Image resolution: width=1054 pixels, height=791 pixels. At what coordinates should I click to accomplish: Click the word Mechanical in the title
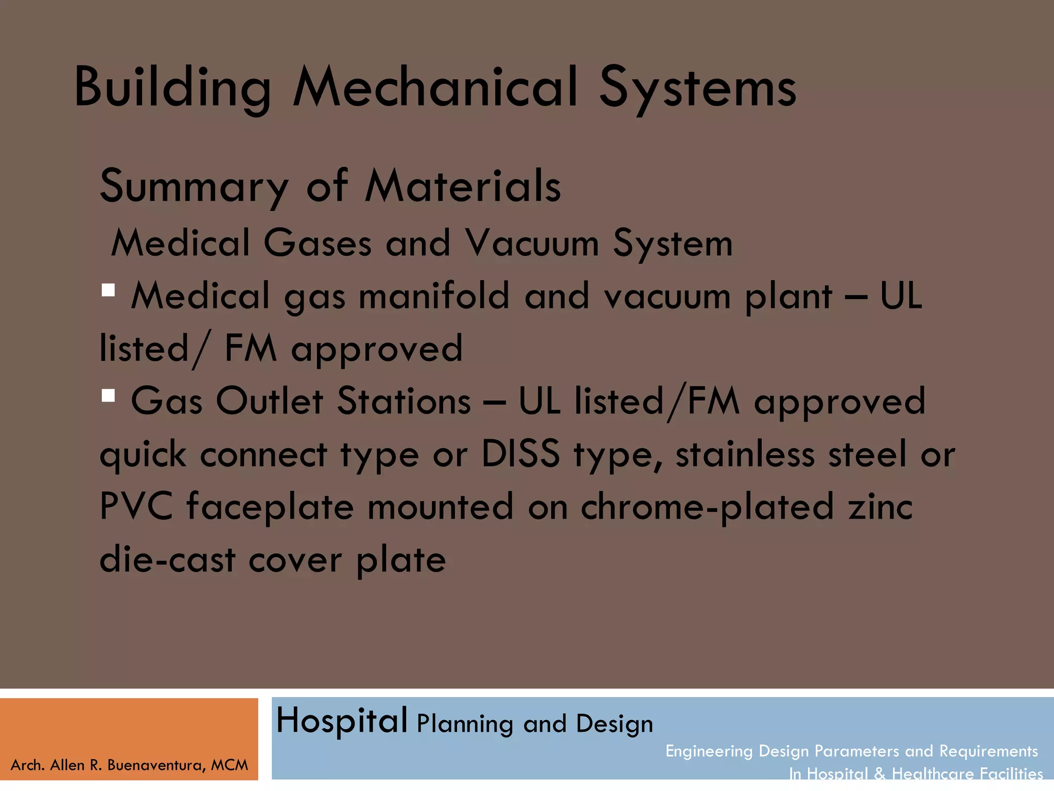435,88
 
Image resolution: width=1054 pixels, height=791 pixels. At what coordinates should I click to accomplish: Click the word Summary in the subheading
194,186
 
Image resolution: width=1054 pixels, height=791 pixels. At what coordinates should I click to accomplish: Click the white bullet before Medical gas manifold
108,290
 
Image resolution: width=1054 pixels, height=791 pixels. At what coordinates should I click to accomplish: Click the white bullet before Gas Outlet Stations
108,395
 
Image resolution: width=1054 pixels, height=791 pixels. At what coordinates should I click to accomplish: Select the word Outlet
269,401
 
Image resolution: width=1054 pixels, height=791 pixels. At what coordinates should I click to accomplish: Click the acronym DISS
520,454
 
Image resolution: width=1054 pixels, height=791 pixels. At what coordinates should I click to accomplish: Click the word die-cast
167,560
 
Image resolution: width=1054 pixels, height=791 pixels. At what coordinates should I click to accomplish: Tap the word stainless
745,454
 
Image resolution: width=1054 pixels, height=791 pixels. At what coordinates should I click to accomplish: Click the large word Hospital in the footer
342,721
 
